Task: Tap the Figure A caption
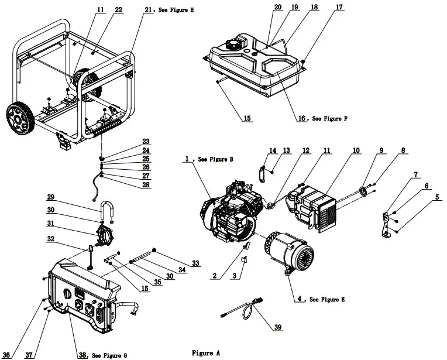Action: [x=206, y=353]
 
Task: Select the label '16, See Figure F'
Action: [x=322, y=118]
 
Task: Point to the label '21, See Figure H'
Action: [x=169, y=10]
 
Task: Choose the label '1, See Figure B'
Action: [x=209, y=159]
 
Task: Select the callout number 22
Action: [x=118, y=10]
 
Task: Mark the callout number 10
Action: [x=356, y=151]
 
